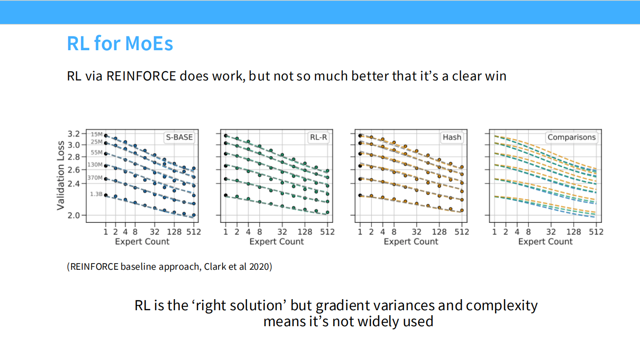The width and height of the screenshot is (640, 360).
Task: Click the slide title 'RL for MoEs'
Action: [120, 44]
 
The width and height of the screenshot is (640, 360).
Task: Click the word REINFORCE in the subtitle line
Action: [141, 76]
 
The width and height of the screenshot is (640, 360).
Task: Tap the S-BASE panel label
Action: [180, 137]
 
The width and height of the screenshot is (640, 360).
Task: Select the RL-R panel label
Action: [318, 137]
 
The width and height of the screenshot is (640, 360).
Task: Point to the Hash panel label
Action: [452, 137]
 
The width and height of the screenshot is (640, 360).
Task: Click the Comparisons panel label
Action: [572, 137]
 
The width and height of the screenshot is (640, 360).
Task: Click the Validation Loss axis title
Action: [60, 176]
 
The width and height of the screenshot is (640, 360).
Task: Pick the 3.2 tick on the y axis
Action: [74, 134]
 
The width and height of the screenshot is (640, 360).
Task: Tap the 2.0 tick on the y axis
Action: [74, 216]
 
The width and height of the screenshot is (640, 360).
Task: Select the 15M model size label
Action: [96, 134]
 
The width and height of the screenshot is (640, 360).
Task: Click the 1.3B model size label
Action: [96, 194]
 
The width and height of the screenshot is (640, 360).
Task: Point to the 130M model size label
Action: [95, 164]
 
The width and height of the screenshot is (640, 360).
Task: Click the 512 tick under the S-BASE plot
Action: [194, 232]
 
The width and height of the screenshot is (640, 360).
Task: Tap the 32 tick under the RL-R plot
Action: [282, 232]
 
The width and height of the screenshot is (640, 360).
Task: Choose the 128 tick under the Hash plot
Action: [439, 232]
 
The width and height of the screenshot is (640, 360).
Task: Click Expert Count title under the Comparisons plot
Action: [545, 242]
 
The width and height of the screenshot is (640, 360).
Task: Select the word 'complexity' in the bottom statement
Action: [502, 306]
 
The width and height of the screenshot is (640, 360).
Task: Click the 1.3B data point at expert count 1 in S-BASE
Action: [106, 195]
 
